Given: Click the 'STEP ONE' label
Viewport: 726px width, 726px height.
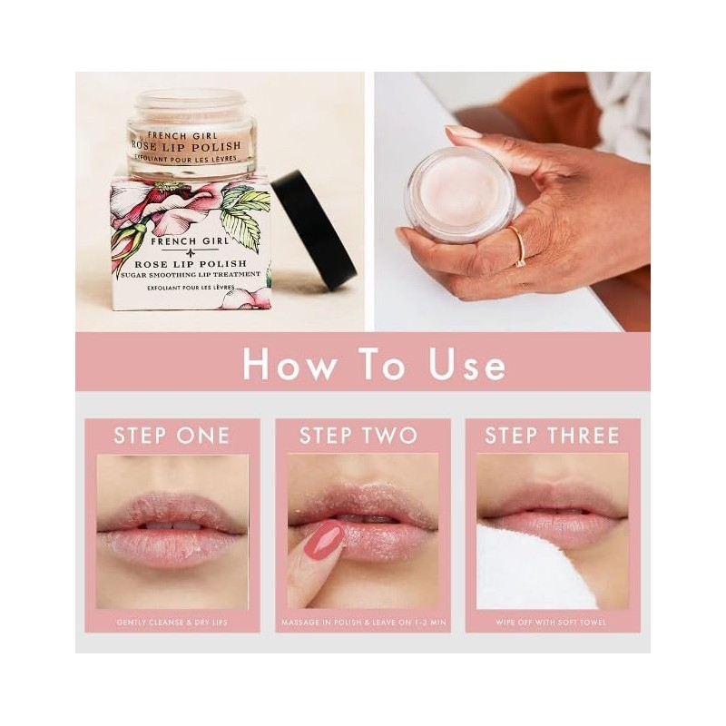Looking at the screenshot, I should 172,435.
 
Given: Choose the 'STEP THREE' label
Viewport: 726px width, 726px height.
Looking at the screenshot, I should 552,435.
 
